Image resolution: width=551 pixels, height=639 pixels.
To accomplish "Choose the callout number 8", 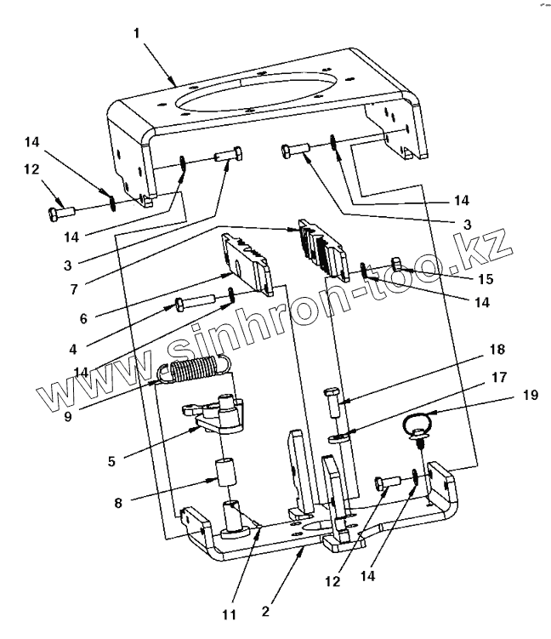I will point(119,503).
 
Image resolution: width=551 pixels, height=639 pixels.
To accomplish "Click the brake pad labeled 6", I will point(247,260).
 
